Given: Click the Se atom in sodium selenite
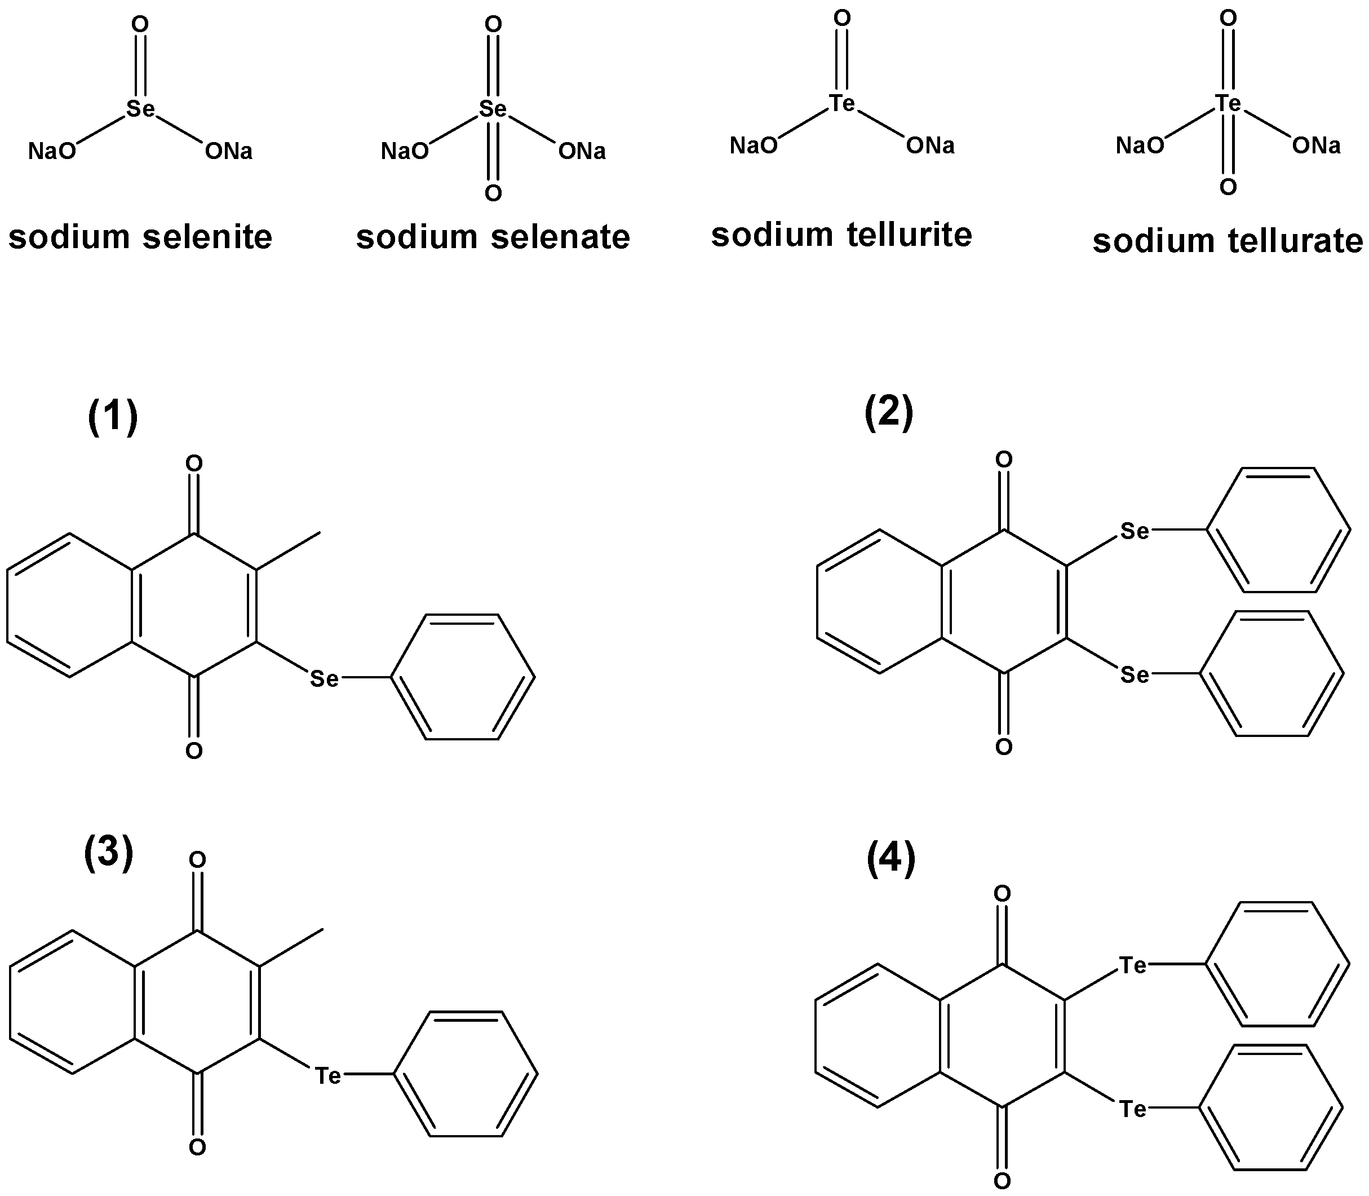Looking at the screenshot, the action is tap(141, 109).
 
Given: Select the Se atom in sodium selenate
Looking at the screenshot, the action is tap(493, 109).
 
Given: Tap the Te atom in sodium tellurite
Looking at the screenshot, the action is tap(842, 103).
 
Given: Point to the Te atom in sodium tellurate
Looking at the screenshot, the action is tap(1228, 103).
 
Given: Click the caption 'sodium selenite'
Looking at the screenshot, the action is tap(140, 237).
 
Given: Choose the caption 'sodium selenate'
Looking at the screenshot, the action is tap(493, 237).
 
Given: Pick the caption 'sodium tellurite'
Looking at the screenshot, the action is tap(841, 235).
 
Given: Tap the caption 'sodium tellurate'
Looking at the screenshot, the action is tap(1228, 241).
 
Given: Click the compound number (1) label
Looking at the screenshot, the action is tap(113, 417).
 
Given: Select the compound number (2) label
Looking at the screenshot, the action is tap(889, 412).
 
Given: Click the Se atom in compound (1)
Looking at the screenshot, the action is tap(325, 679).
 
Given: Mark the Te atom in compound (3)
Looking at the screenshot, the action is tap(327, 1076).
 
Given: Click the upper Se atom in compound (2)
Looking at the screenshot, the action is tap(1135, 531).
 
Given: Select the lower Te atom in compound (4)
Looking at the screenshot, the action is tap(1133, 1109).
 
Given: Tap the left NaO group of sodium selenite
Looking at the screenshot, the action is tap(52, 152).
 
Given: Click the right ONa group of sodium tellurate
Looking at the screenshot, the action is tap(1315, 145).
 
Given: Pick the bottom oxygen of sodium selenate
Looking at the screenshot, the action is tap(493, 193).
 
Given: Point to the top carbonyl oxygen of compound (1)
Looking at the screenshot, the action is tap(194, 463).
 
